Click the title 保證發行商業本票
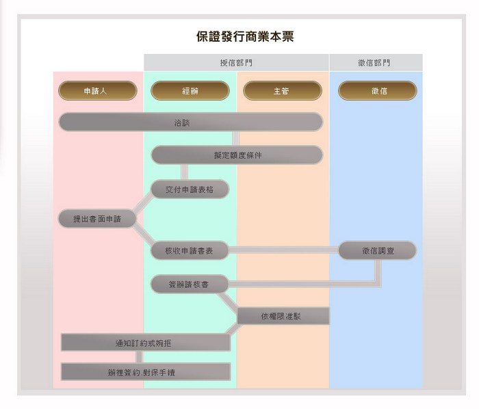point(245,36)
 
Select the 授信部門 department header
point(236,63)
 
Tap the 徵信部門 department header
point(375,63)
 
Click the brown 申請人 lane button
point(97,91)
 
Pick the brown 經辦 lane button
point(190,91)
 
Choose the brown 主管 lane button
point(282,91)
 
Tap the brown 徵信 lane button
point(377,91)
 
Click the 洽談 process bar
point(190,122)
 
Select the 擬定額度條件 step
point(237,155)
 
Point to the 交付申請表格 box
point(190,189)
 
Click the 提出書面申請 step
point(96,219)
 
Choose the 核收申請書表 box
point(190,251)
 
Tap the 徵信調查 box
point(377,251)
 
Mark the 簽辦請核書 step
point(190,283)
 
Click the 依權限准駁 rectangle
point(283,316)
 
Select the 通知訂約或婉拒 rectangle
point(145,343)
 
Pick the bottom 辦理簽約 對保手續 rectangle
point(145,372)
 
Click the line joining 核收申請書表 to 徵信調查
point(284,251)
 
